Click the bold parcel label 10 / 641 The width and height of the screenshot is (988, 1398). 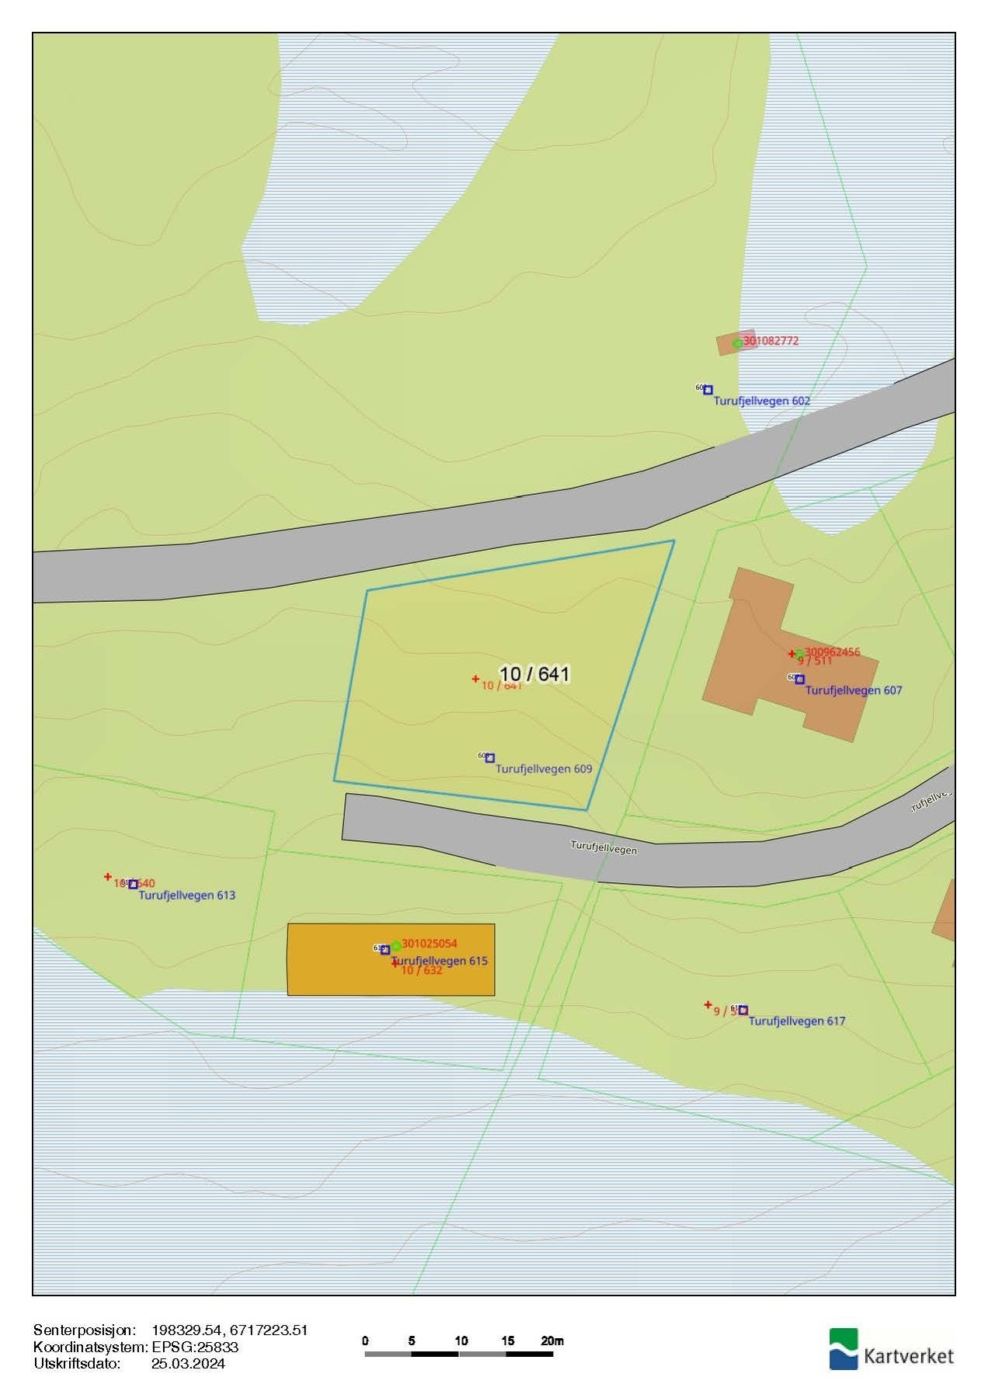click(534, 673)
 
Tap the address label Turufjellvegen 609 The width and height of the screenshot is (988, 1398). click(544, 769)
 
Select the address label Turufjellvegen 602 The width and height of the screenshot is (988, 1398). click(761, 401)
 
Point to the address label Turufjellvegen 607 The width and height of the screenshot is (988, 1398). click(854, 690)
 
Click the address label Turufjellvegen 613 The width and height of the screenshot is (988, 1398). click(186, 895)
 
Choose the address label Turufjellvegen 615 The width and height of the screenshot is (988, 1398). click(440, 961)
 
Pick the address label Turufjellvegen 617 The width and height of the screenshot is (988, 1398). click(796, 1021)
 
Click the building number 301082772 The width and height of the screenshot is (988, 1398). click(771, 340)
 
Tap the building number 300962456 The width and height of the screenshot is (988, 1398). click(832, 652)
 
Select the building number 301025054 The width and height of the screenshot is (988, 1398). click(429, 944)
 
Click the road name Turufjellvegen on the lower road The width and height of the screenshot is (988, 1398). click(604, 847)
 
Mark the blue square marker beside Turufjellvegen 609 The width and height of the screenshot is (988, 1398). click(490, 758)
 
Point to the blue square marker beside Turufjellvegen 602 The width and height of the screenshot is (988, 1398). click(708, 390)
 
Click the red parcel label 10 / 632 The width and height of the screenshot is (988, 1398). click(422, 971)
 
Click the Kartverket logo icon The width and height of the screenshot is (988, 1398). click(844, 1349)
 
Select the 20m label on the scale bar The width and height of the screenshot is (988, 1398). click(552, 1341)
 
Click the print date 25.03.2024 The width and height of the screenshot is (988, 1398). click(188, 1363)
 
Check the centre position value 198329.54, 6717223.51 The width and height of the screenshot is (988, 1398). click(230, 1330)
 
